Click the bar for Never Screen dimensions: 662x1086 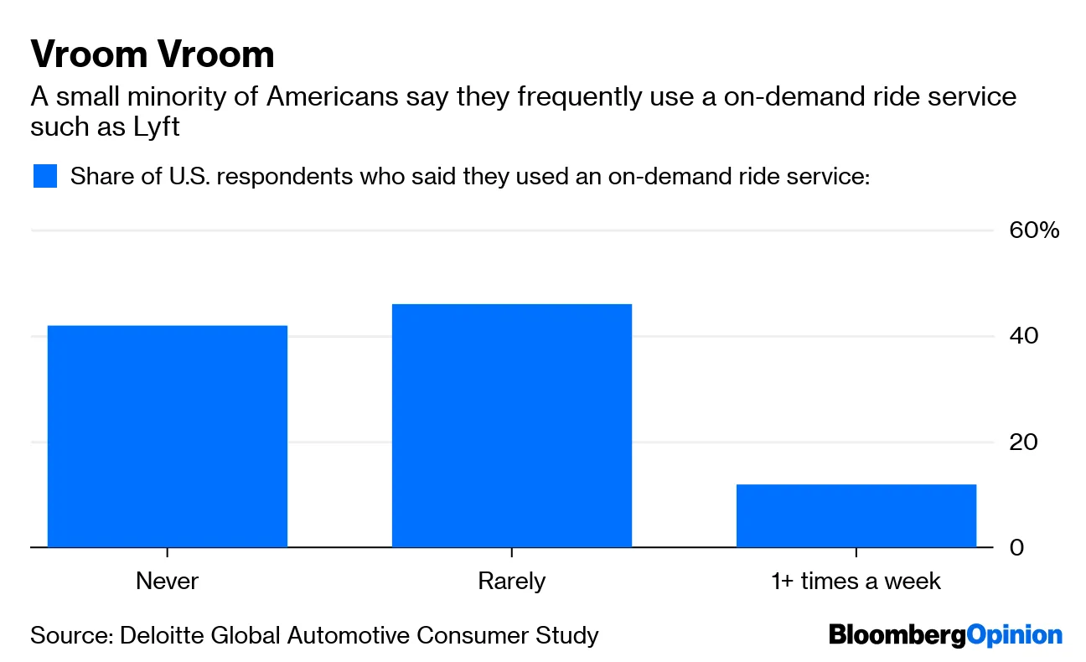click(168, 436)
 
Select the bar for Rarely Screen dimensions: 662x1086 click(512, 426)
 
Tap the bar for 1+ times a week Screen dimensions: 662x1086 click(856, 515)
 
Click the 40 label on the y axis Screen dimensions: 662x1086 click(1023, 336)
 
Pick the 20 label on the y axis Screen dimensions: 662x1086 click(1023, 442)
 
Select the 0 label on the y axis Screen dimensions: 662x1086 click(1016, 547)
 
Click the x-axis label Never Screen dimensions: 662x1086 click(168, 581)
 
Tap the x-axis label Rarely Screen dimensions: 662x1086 click(512, 581)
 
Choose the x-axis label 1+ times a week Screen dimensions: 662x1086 click(856, 581)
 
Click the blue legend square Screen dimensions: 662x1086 click(45, 177)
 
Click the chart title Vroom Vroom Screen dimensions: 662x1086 click(153, 54)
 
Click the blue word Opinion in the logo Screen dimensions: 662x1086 click(1014, 635)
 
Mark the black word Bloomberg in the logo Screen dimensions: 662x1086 click(897, 635)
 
